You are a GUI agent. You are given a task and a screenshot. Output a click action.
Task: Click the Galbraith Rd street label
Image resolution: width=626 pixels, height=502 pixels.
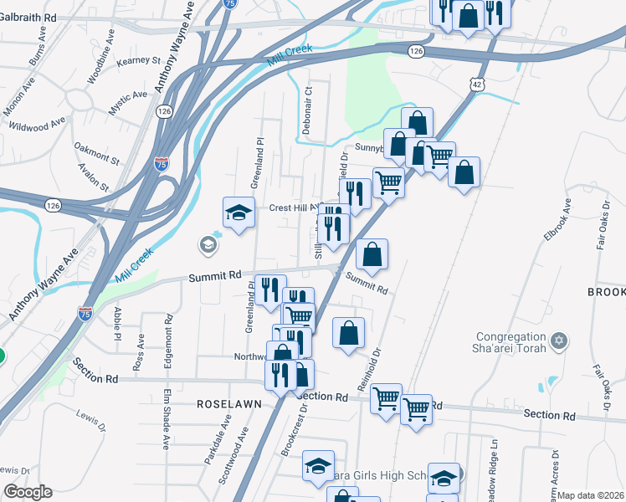pos(28,17)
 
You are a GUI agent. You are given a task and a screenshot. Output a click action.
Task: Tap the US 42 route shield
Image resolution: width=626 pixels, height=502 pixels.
pos(476,85)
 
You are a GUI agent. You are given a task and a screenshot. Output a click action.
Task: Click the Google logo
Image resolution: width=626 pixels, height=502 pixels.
pos(28,492)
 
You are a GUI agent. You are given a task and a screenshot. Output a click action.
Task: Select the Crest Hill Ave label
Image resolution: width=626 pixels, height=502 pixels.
pos(293,208)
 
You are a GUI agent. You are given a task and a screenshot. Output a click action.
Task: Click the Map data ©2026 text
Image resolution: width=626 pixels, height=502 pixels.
pos(591,495)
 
